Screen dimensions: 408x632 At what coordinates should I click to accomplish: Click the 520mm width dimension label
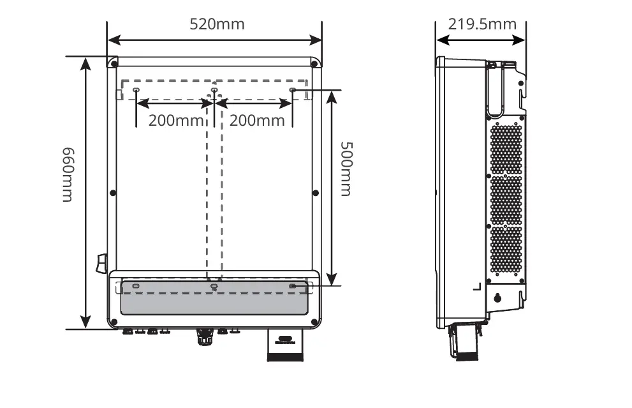click(x=217, y=24)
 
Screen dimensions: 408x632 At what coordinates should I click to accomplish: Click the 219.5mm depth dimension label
click(x=481, y=24)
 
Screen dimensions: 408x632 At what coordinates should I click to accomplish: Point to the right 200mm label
click(x=256, y=120)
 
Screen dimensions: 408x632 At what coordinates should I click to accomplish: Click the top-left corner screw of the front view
click(x=114, y=64)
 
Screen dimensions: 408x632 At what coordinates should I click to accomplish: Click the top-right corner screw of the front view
click(x=314, y=64)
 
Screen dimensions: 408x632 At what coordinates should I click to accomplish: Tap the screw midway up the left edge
click(x=113, y=192)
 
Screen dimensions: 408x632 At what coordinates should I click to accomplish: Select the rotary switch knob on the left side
click(x=101, y=263)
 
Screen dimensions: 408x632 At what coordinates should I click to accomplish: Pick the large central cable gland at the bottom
click(x=204, y=335)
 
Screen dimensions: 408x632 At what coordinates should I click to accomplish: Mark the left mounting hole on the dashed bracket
click(x=136, y=91)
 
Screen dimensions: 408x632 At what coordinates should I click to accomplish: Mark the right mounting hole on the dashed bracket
click(x=293, y=91)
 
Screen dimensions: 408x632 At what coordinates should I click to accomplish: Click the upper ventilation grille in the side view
click(x=506, y=148)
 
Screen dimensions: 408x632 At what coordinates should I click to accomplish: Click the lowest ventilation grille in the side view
click(x=506, y=250)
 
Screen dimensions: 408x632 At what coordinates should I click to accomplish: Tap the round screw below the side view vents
click(x=498, y=298)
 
